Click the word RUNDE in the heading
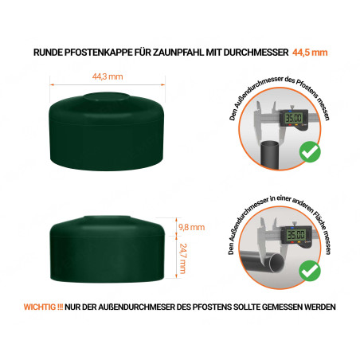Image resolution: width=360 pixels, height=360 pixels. [x=48, y=53]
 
